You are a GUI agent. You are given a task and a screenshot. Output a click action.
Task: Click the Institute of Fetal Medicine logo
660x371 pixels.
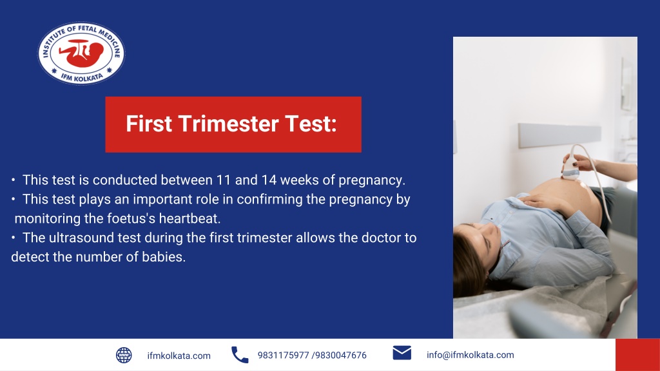click(x=81, y=53)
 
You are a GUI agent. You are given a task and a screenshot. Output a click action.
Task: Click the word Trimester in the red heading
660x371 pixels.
click(x=224, y=124)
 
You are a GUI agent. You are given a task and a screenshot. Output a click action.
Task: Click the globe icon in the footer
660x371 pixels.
click(x=124, y=355)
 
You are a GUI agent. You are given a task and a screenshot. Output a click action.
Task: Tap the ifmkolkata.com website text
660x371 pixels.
click(x=179, y=356)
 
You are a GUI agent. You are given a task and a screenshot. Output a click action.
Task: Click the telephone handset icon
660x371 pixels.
click(x=240, y=355)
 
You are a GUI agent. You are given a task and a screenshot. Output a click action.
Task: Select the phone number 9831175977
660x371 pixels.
click(x=283, y=356)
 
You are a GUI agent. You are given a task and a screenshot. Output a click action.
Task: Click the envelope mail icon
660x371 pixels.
click(x=402, y=353)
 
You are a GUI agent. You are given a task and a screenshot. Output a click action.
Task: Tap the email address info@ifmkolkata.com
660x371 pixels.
click(x=470, y=355)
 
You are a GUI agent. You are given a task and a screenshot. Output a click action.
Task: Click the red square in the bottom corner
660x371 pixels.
click(x=637, y=355)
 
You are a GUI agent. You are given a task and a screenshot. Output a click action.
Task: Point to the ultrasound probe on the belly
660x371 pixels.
click(x=572, y=169)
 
